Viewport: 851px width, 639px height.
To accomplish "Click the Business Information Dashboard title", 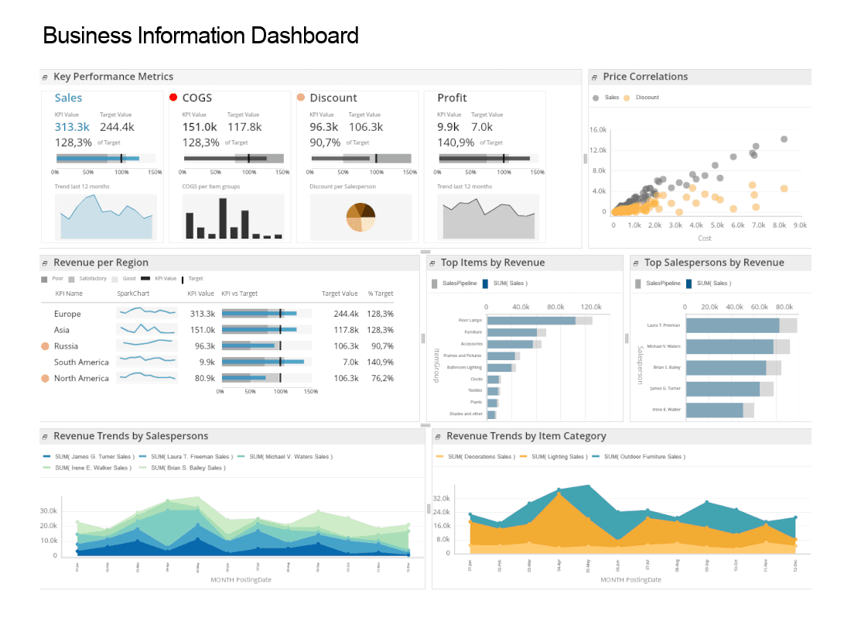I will coord(200,36).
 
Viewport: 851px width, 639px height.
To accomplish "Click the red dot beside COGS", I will coord(173,98).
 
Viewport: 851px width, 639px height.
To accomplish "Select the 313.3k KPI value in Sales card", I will coord(72,127).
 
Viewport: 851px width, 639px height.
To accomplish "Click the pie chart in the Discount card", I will coord(361,217).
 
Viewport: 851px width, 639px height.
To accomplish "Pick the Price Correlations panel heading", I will coord(645,77).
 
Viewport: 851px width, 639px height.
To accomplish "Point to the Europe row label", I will coord(67,314).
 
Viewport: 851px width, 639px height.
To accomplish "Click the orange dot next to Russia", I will coord(45,346).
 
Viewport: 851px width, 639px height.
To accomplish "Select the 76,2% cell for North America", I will coord(380,379).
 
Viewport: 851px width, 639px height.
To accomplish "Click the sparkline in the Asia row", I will coord(146,329).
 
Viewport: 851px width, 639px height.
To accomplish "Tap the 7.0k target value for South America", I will coord(350,362).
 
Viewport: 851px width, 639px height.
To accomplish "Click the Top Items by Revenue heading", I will coord(492,263).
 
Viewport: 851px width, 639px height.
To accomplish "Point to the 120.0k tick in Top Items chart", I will coord(591,306).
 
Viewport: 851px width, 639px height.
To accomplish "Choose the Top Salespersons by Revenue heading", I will coord(714,263).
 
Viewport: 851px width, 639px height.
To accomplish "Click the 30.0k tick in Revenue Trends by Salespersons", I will coord(48,511).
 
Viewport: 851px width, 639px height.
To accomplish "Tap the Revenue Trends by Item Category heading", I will coord(526,436).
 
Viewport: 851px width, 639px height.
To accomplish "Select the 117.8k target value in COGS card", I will coord(244,127).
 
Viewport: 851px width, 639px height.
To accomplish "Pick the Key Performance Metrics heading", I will coord(113,77).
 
